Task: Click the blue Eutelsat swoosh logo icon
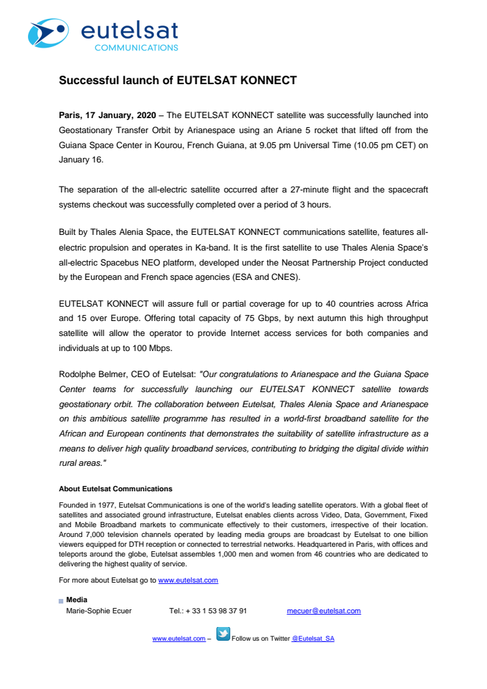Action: tap(47, 33)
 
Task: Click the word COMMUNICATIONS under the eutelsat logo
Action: tap(136, 48)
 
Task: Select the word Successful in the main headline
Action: tap(86, 81)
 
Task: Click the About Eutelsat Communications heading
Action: tap(116, 489)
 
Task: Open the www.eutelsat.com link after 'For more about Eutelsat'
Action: tap(188, 580)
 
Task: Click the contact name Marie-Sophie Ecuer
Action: tap(99, 611)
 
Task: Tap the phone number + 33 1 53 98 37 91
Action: tap(216, 611)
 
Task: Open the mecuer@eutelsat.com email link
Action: tap(323, 611)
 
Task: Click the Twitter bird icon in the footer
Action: tap(223, 634)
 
